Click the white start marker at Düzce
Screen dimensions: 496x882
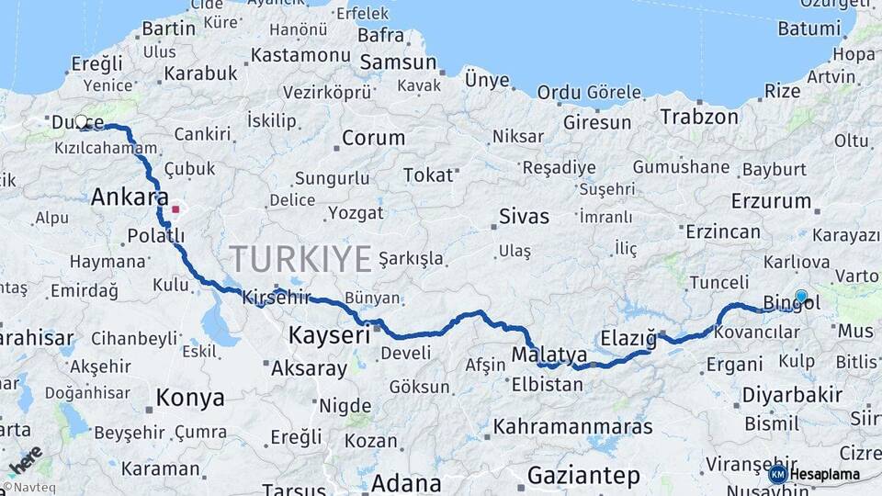(81, 121)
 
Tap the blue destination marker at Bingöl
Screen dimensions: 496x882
(801, 297)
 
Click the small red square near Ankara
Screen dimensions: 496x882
(175, 209)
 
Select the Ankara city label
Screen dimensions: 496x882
(130, 197)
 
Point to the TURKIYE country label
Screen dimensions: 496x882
(300, 258)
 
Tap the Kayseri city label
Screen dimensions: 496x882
(330, 334)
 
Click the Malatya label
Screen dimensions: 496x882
(549, 355)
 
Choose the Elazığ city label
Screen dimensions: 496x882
(629, 338)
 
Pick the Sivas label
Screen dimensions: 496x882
(524, 217)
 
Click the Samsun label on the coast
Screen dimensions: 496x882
(398, 62)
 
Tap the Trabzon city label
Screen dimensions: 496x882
(699, 117)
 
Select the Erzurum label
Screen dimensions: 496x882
(771, 200)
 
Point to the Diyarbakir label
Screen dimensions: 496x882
(789, 395)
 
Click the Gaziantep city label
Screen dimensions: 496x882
(583, 475)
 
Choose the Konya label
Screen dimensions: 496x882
(190, 398)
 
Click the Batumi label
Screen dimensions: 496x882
(808, 28)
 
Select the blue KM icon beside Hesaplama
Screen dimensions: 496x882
(778, 474)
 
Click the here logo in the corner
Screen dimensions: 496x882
(25, 460)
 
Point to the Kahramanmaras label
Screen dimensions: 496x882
(572, 427)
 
